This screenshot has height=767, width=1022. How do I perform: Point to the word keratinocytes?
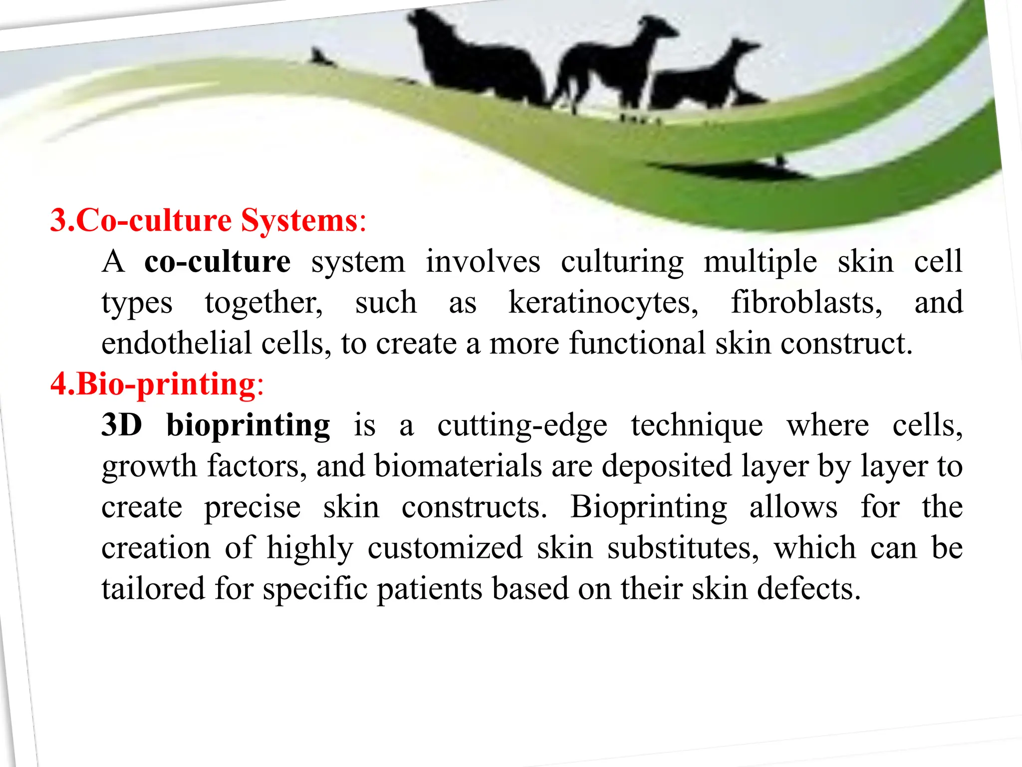click(x=603, y=303)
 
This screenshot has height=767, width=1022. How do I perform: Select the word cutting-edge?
click(x=522, y=426)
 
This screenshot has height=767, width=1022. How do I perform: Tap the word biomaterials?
click(x=458, y=466)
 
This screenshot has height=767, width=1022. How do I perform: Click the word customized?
click(x=445, y=548)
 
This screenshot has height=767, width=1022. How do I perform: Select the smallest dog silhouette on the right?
click(x=704, y=80)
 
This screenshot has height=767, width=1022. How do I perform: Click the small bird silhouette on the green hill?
click(x=319, y=57)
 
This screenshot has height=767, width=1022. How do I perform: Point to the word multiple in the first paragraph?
click(x=760, y=262)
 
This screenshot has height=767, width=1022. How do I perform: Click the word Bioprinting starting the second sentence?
click(x=648, y=507)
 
